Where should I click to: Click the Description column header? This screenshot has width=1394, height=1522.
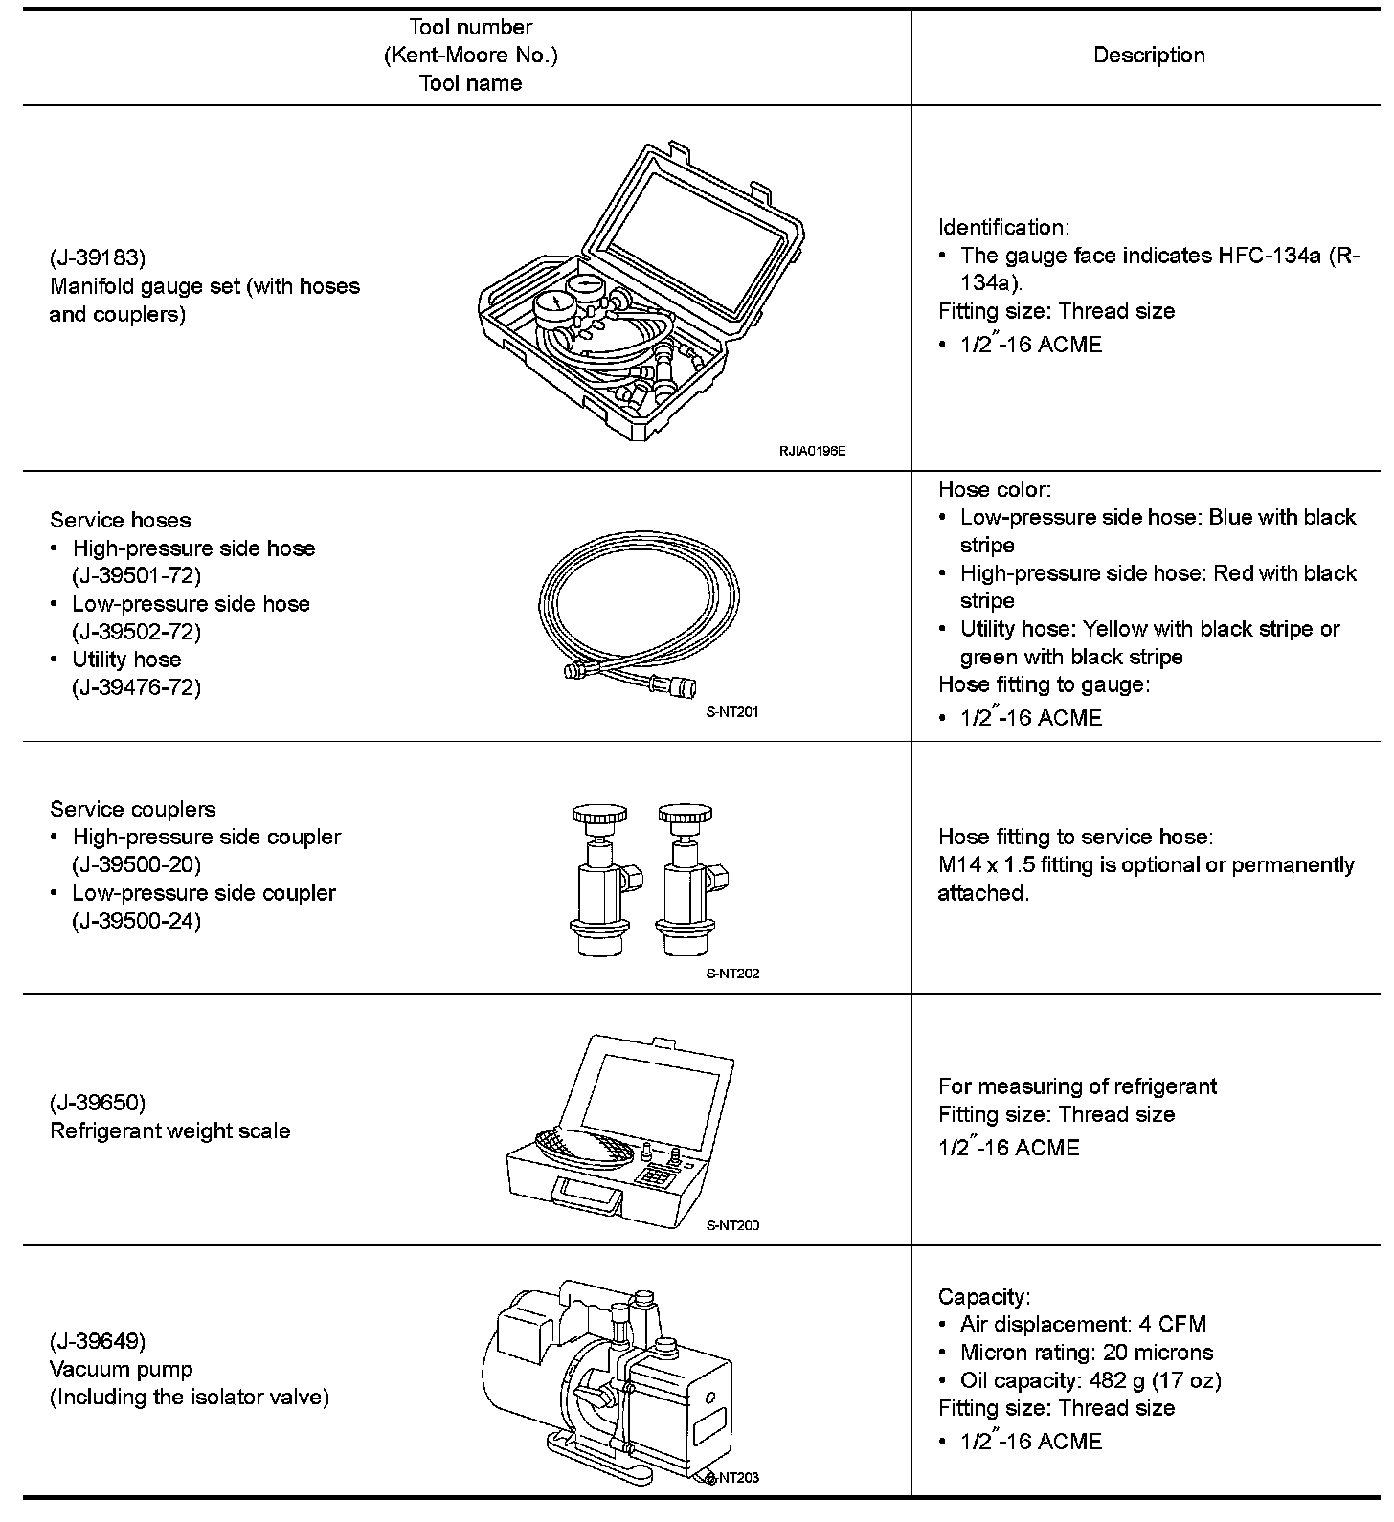(x=1148, y=56)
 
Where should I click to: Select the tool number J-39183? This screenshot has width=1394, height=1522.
(x=98, y=258)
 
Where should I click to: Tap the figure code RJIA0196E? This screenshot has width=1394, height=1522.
(x=812, y=450)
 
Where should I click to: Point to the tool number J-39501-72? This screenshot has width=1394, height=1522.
(x=137, y=576)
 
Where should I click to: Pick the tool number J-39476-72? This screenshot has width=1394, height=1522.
(x=137, y=687)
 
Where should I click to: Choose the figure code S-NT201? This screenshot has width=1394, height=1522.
(x=732, y=712)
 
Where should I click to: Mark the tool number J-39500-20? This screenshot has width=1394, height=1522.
(x=137, y=865)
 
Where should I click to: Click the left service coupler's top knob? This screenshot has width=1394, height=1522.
(x=599, y=817)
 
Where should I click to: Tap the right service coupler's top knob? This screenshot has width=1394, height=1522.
(x=686, y=817)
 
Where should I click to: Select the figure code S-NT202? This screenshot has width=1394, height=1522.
(x=732, y=974)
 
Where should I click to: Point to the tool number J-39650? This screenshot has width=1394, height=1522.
(x=98, y=1103)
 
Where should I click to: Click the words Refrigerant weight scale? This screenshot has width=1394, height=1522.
(x=170, y=1131)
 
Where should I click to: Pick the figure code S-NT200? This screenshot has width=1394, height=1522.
(x=732, y=1225)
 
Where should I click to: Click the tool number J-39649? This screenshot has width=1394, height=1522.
(x=98, y=1341)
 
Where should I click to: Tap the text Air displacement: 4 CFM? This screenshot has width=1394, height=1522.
(x=1083, y=1325)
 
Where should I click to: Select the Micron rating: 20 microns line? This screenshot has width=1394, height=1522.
(x=1087, y=1354)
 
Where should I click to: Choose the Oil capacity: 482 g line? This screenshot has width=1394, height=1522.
(x=1090, y=1381)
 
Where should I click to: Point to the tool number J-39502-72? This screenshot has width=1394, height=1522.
(x=137, y=632)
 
